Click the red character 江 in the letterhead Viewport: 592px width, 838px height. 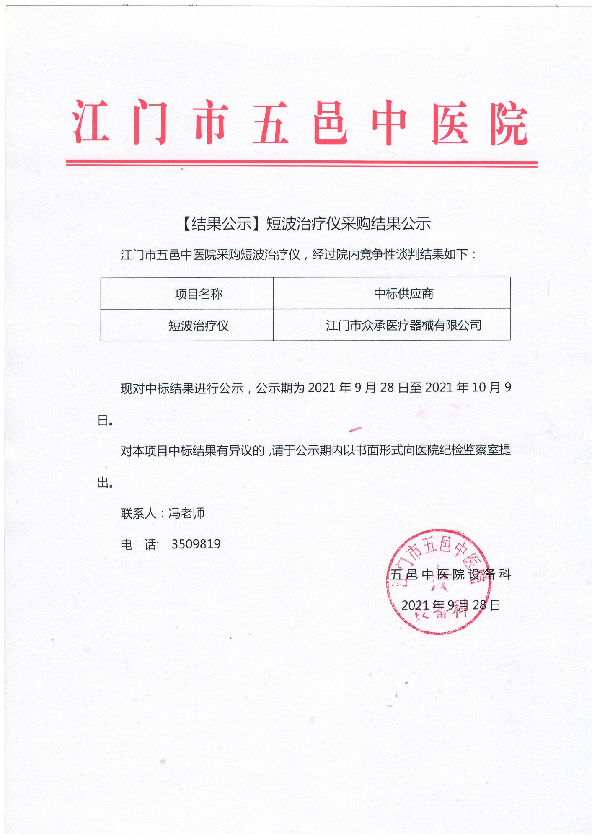click(91, 122)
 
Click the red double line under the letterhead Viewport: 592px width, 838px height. click(301, 163)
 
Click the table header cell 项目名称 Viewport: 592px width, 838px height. click(199, 294)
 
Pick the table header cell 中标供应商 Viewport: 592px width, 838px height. click(403, 294)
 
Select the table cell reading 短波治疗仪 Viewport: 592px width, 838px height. click(199, 326)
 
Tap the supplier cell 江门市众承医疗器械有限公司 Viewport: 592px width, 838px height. click(403, 325)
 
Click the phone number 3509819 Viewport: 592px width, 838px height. click(196, 544)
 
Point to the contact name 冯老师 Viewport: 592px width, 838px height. click(186, 513)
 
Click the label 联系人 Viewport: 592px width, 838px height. click(138, 513)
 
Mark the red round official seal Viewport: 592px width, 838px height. click(438, 581)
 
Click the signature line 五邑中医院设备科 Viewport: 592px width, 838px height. click(450, 574)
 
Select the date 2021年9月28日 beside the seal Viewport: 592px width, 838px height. click(451, 605)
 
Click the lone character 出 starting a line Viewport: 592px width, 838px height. click(103, 483)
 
